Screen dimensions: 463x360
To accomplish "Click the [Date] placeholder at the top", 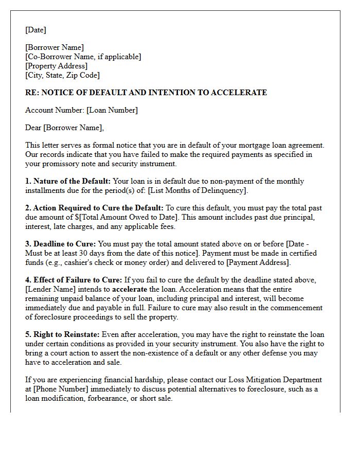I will [x=35, y=30].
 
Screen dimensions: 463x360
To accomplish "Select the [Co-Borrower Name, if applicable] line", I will [x=83, y=57].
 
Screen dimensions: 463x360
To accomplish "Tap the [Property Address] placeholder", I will [x=56, y=66].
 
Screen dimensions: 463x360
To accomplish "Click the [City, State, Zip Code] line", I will [x=62, y=75].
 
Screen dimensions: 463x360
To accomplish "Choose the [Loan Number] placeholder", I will [x=112, y=110].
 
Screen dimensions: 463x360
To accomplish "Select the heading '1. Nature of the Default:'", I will [x=68, y=181].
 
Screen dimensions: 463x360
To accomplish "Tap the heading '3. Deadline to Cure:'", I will [x=61, y=244].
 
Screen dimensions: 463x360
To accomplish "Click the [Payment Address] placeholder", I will [x=258, y=262].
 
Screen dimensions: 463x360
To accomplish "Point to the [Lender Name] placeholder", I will [x=48, y=289].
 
